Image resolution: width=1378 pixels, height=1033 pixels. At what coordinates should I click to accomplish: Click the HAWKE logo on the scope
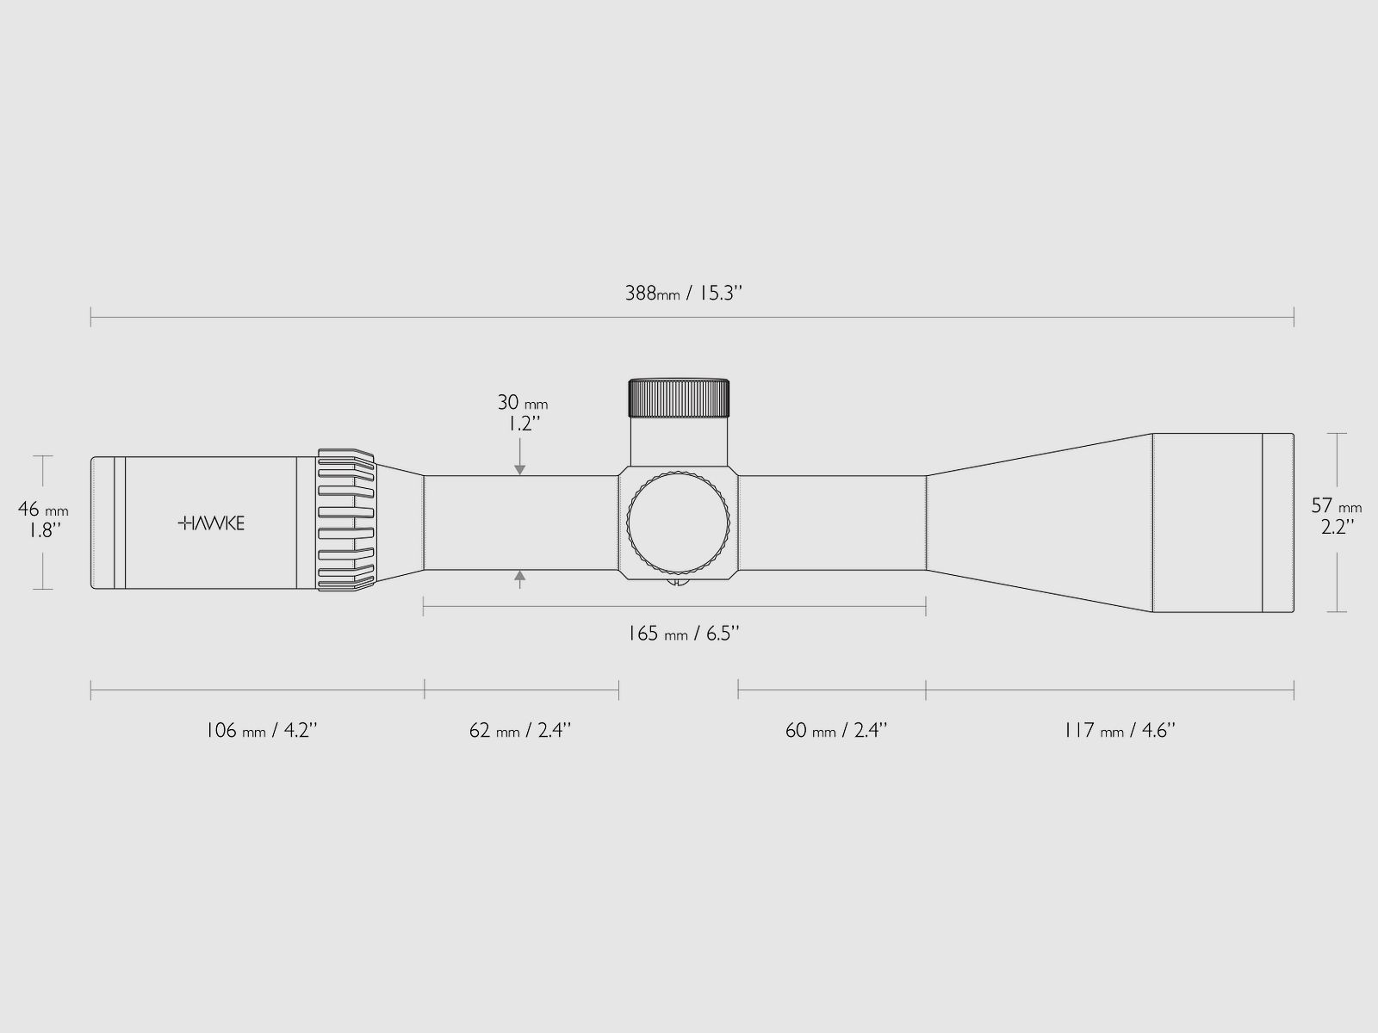click(211, 523)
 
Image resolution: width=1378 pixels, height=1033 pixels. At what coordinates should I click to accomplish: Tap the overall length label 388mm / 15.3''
click(684, 293)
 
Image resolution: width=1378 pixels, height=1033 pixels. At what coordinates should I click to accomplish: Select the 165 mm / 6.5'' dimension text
click(684, 634)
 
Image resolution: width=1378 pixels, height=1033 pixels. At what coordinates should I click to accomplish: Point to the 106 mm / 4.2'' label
click(262, 730)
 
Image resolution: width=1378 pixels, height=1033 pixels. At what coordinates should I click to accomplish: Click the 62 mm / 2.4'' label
click(520, 730)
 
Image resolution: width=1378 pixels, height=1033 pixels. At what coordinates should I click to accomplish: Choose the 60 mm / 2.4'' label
click(836, 730)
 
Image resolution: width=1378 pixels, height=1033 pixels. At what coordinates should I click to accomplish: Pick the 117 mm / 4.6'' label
click(1119, 730)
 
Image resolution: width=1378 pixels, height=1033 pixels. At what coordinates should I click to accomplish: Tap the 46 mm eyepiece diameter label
click(43, 509)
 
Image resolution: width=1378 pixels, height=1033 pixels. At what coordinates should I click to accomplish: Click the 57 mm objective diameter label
click(1337, 505)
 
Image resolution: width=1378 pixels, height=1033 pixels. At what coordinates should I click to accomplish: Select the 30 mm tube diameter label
click(522, 403)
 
